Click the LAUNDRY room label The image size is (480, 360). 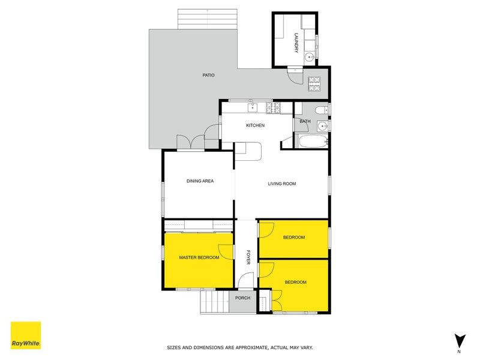point(296,43)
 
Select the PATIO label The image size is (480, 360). point(208,75)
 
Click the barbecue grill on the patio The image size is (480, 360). point(314,83)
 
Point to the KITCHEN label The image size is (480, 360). point(255,125)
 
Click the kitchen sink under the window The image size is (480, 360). point(253,108)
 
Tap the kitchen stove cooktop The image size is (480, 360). point(273,108)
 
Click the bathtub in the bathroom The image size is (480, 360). point(311,142)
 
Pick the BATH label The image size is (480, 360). point(305,122)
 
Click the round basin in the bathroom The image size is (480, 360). point(323,126)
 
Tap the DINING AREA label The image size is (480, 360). point(200,181)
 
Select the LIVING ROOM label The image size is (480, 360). point(281,184)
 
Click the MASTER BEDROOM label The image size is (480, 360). point(199,258)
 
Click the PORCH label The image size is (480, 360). point(242,298)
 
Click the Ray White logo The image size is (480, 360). point(26,336)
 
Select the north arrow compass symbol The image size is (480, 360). point(460,340)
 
